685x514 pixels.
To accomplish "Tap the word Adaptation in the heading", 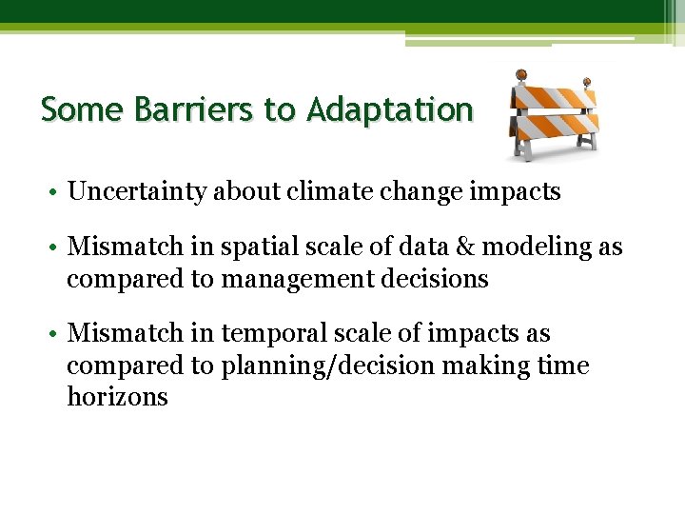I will (x=389, y=110).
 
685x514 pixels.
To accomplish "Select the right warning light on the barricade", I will (x=587, y=83).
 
